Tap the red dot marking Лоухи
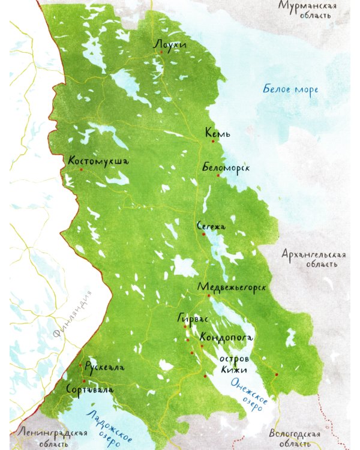tap(161, 53)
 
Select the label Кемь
tap(218, 133)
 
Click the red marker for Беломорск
tap(218, 176)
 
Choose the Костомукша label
tap(98, 161)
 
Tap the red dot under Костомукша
tap(81, 170)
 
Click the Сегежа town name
tap(211, 226)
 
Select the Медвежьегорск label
tap(231, 287)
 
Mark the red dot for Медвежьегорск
tap(209, 295)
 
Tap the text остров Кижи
tap(233, 364)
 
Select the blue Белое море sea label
tap(290, 90)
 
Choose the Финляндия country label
tap(71, 314)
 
